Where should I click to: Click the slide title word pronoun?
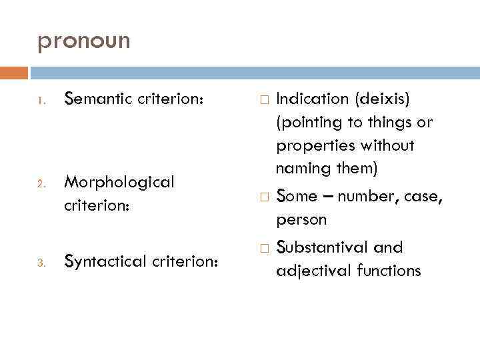click(84, 41)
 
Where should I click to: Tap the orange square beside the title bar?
click(14, 72)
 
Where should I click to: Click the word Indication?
click(312, 99)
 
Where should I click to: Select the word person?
click(301, 220)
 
